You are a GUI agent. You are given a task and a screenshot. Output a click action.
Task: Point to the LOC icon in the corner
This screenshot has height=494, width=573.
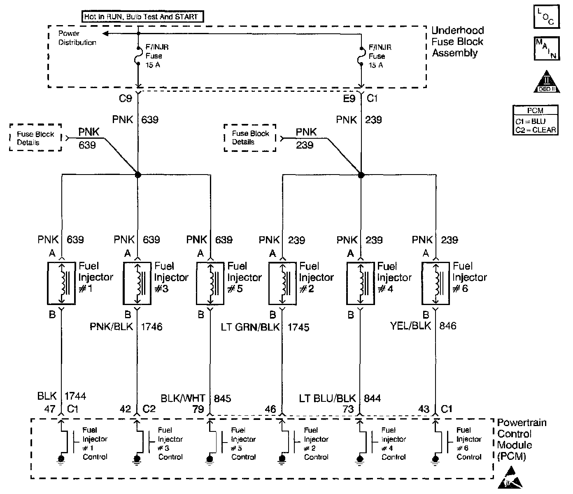pyautogui.click(x=546, y=16)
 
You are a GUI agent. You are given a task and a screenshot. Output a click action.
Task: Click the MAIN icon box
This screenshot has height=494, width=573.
pyautogui.click(x=546, y=48)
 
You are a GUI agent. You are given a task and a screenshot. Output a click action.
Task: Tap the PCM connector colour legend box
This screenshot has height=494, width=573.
pyautogui.click(x=536, y=120)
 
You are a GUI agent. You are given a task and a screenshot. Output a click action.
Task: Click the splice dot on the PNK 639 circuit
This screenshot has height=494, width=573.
pyautogui.click(x=138, y=175)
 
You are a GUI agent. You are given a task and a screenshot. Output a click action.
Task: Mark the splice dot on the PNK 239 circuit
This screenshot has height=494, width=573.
pyautogui.click(x=361, y=175)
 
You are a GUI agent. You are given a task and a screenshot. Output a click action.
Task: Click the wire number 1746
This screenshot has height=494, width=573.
pyautogui.click(x=151, y=327)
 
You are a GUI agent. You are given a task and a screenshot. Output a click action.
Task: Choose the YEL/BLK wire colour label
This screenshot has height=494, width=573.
pyautogui.click(x=410, y=326)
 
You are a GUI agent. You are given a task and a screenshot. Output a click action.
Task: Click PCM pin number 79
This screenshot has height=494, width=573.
pyautogui.click(x=198, y=409)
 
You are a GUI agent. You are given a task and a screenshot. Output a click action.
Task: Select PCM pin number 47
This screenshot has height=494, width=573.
pyautogui.click(x=49, y=409)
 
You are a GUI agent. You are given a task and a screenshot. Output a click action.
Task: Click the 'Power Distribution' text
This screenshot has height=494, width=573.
pyautogui.click(x=77, y=38)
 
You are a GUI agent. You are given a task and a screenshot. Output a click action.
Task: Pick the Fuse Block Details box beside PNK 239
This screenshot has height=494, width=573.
pyautogui.click(x=250, y=138)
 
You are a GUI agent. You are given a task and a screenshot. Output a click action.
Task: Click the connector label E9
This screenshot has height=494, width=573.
pyautogui.click(x=349, y=98)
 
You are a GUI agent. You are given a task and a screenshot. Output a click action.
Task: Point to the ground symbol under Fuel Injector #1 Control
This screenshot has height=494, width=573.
pyautogui.click(x=61, y=459)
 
